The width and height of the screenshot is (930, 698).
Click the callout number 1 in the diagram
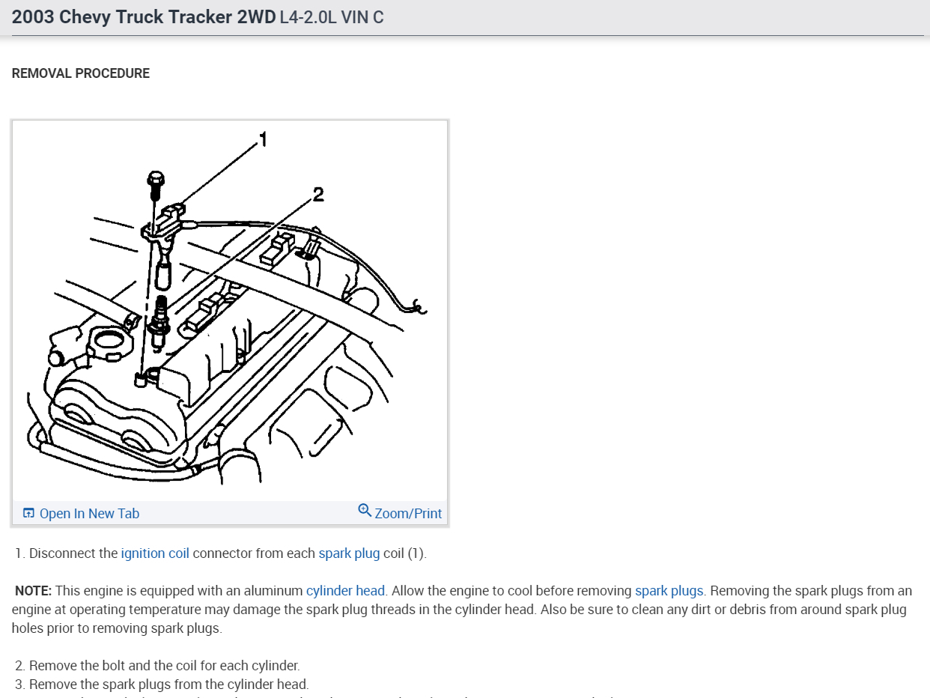[x=263, y=139]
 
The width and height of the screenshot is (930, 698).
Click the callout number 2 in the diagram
[x=318, y=195]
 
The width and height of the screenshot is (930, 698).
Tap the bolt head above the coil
[x=156, y=180]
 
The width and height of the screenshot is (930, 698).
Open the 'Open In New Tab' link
[x=89, y=514]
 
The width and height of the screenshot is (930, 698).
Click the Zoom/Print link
[x=408, y=514]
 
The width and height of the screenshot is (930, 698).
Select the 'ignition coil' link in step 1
[x=155, y=553]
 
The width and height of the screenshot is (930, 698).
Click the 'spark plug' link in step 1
[x=349, y=553]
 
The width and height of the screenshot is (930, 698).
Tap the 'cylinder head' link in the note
[x=345, y=591]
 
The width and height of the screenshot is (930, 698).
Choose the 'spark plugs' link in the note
[x=669, y=591]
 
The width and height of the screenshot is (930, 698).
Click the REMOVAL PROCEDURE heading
[x=81, y=73]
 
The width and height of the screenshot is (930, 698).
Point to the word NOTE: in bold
[x=33, y=591]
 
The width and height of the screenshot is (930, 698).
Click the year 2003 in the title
[x=33, y=17]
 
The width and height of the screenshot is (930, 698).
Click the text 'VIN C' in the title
[x=362, y=17]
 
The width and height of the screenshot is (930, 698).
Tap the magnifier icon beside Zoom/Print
[x=365, y=511]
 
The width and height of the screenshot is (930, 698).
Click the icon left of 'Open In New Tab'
[x=28, y=513]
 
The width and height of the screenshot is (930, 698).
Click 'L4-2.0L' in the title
[x=308, y=17]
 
